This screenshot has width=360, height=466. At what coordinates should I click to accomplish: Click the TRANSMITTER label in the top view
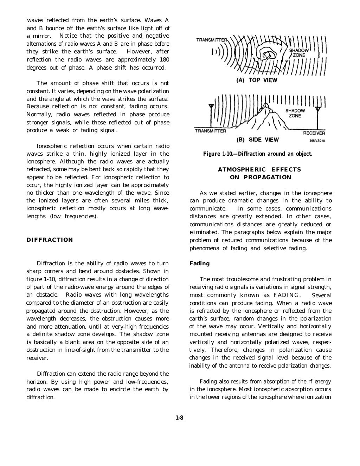[212, 40]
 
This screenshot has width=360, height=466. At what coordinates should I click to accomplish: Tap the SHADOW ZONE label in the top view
[299, 53]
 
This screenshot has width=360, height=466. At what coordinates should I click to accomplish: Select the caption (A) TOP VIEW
[257, 80]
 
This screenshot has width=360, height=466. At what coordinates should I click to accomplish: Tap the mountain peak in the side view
[267, 105]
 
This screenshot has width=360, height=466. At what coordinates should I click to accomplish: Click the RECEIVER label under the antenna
[314, 133]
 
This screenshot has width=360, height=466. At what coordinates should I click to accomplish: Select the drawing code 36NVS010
[317, 141]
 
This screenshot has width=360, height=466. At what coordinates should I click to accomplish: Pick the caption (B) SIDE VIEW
[257, 140]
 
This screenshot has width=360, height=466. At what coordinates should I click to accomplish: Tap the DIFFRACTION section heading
[50, 240]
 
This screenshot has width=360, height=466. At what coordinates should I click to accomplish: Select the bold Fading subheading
[199, 264]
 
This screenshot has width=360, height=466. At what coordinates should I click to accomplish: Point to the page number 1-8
[180, 418]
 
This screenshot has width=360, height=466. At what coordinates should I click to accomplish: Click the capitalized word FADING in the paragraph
[287, 295]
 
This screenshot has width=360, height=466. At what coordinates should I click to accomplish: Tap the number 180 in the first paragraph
[164, 60]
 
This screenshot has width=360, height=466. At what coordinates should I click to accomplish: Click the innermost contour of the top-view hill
[268, 56]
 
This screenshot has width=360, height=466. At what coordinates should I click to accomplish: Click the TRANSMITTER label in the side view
[211, 131]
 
